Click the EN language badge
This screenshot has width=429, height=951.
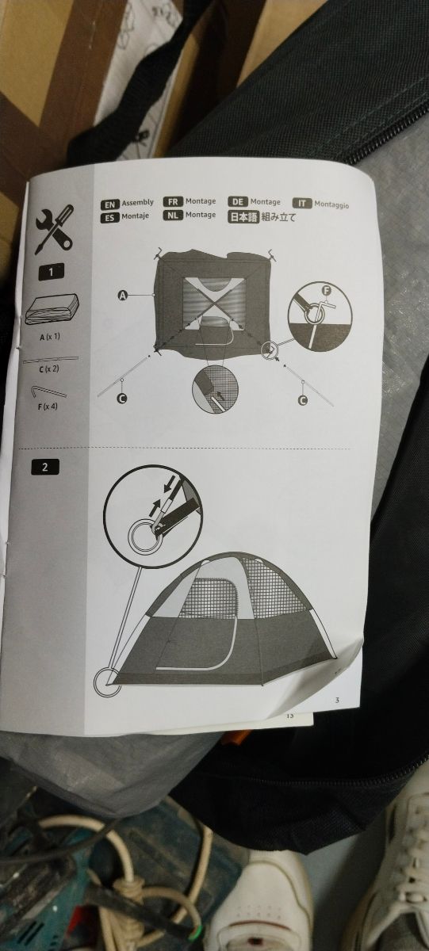pos(109,204)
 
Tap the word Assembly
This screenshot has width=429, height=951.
pos(137,203)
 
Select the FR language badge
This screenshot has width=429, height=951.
pos(172,202)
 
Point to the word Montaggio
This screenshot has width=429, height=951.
pos(331,204)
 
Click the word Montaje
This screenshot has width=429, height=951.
pos(136,216)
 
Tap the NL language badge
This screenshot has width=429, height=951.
pos(172,215)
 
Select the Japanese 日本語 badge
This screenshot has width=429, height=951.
pos(243,216)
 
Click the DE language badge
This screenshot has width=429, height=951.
pos(237,202)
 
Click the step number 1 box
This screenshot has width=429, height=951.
pos(52,272)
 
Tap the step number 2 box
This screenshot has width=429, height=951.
pos(45,466)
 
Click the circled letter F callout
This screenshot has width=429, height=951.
pos(326,292)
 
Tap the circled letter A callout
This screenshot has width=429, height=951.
pos(123,296)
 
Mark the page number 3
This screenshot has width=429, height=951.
pos(337,699)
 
